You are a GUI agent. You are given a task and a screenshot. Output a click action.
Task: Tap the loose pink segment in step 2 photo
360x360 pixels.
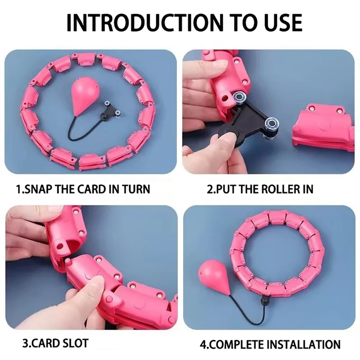[323, 128]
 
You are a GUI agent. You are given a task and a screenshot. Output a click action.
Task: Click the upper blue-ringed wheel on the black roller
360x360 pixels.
[238, 98]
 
